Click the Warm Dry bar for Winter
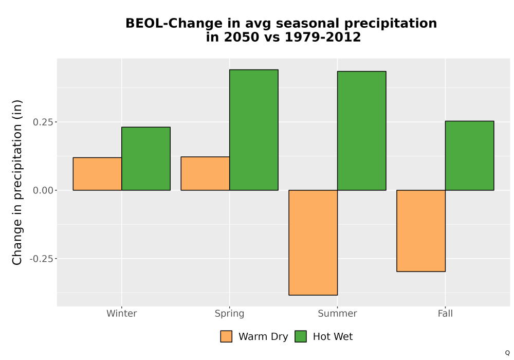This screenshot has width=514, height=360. [97, 174]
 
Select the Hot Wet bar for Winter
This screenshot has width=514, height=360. [146, 159]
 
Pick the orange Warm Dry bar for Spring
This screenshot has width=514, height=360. [205, 173]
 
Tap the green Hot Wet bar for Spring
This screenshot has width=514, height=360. [254, 130]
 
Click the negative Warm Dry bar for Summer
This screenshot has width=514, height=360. [313, 243]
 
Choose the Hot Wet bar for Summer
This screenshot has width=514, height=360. [361, 131]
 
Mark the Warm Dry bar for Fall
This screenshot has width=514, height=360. [421, 231]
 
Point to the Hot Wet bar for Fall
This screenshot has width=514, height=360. [469, 156]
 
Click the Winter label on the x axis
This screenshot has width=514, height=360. [122, 313]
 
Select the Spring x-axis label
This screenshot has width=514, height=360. [229, 314]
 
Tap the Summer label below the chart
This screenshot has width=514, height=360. [337, 313]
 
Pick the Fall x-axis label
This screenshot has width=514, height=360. [445, 313]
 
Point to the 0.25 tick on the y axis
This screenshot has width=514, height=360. [43, 122]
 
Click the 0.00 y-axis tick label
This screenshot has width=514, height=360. [43, 190]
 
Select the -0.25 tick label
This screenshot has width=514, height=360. [41, 259]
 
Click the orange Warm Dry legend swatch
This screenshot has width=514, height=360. [226, 336]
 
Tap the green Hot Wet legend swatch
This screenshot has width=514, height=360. [301, 336]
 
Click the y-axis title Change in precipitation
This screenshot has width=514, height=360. [17, 182]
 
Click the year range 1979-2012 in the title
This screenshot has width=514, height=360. [323, 37]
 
